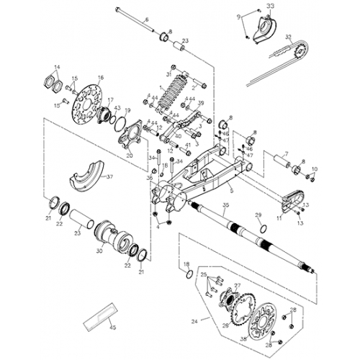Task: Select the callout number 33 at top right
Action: pyautogui.click(x=270, y=6)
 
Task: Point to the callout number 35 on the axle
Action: pyautogui.click(x=225, y=206)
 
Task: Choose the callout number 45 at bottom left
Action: pyautogui.click(x=112, y=328)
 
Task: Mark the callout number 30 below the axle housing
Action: pyautogui.click(x=99, y=252)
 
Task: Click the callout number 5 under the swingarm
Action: pyautogui.click(x=230, y=191)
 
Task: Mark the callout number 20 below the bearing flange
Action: pyautogui.click(x=130, y=155)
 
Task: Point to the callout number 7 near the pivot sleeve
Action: pyautogui.click(x=286, y=153)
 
